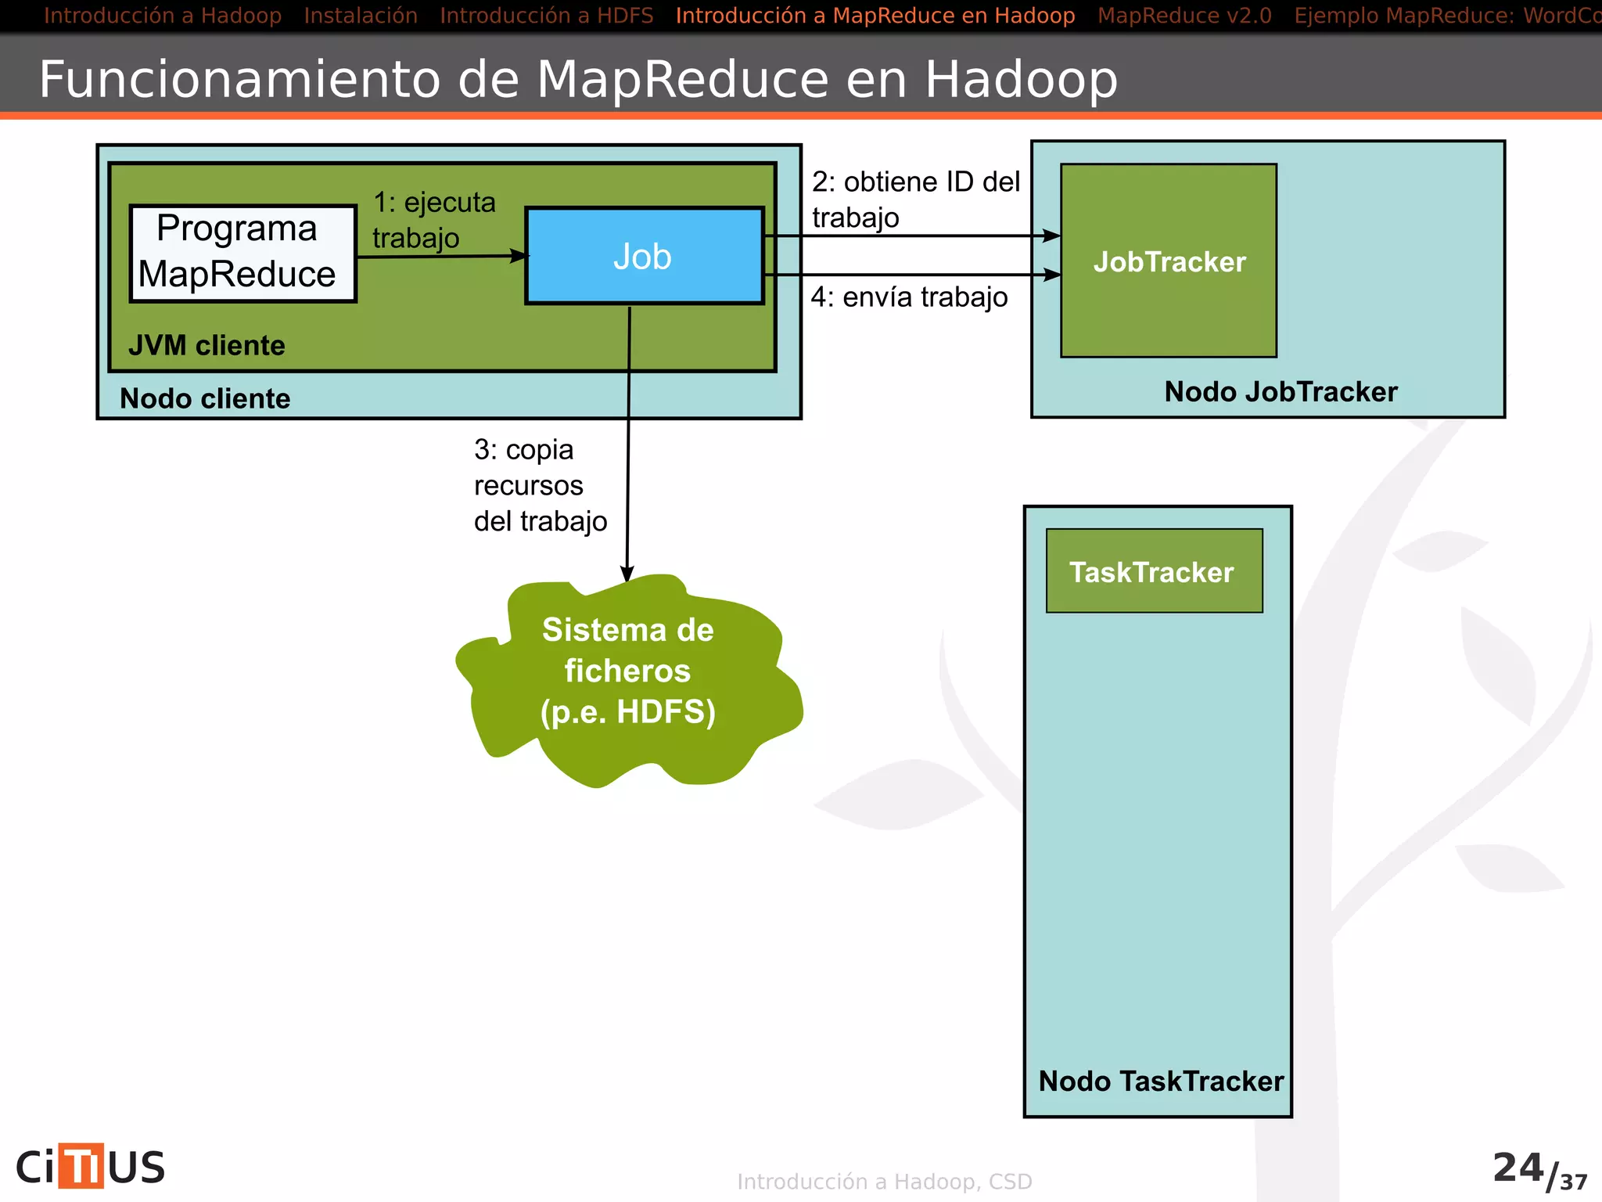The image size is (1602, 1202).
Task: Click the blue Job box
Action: pos(644,256)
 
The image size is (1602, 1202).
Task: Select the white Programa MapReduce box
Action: pos(242,253)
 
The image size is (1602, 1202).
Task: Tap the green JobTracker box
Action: pos(1169,261)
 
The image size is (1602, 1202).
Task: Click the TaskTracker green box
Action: pos(1154,571)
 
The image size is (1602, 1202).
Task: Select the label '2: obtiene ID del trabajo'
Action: pos(914,199)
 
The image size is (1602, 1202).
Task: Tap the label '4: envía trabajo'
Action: pos(909,297)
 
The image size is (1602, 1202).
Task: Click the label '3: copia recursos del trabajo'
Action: pos(539,485)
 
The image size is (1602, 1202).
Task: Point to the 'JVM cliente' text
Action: pos(207,345)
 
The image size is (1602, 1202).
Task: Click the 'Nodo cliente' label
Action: pos(205,398)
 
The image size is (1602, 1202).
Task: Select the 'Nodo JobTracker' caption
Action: pos(1281,391)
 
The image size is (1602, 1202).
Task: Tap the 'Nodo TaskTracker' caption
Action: pos(1161,1081)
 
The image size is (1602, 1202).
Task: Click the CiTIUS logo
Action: pos(91,1166)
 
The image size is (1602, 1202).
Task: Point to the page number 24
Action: pos(1518,1168)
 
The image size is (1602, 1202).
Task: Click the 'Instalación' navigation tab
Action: pos(361,16)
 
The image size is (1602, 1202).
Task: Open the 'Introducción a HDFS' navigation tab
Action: pos(546,16)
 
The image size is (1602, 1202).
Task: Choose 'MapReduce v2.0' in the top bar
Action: pos(1184,16)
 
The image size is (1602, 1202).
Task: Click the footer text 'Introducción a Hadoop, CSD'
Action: pos(884,1181)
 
